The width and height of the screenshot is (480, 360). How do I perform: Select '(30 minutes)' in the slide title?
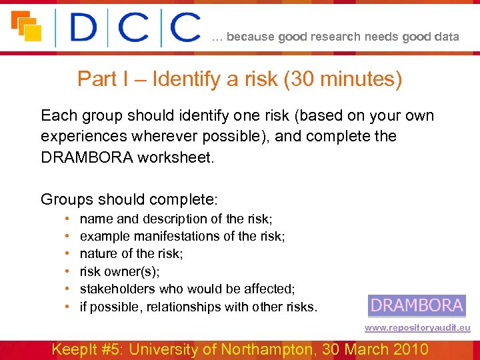[343, 79]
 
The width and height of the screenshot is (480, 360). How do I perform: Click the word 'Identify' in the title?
[187, 79]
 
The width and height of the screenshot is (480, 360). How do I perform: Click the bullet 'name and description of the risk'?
[176, 219]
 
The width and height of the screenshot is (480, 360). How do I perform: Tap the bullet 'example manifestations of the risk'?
[182, 236]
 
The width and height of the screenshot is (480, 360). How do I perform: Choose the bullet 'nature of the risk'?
[131, 253]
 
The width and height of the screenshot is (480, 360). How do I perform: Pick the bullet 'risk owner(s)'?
[120, 271]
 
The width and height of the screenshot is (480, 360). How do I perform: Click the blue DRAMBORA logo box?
[416, 305]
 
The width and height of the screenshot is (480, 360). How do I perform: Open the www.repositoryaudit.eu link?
[417, 327]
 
